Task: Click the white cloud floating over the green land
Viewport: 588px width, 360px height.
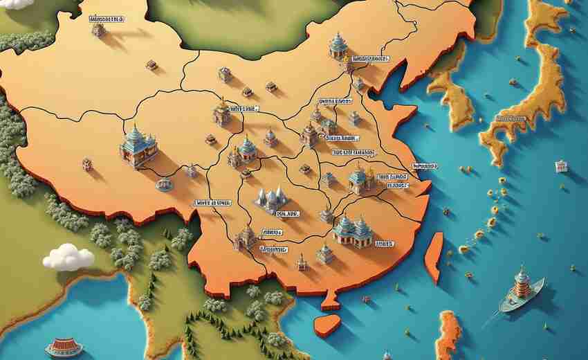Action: [68, 257]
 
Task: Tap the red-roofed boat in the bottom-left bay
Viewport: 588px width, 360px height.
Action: [63, 347]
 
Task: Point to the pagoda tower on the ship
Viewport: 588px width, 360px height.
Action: [522, 282]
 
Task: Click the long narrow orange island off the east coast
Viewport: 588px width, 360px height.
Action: [434, 257]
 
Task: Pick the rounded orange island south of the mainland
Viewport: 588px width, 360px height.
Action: [327, 325]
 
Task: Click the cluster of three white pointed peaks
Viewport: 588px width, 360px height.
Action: [271, 199]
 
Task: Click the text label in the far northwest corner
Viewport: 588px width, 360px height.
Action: [107, 19]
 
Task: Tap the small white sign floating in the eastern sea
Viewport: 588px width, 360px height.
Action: [560, 166]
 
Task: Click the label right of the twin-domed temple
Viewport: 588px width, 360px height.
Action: [384, 244]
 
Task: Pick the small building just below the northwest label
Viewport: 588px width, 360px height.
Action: [99, 30]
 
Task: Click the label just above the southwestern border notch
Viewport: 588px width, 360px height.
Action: [212, 204]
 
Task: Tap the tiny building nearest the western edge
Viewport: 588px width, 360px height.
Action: [87, 164]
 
